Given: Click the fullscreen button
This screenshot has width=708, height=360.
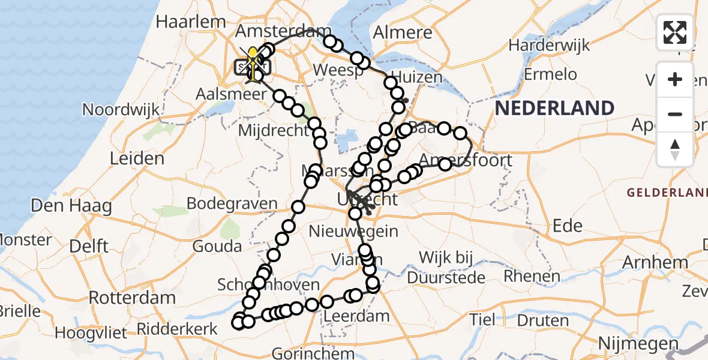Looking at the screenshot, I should pyautogui.click(x=675, y=32).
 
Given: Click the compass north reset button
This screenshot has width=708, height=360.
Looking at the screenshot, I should pyautogui.click(x=675, y=149).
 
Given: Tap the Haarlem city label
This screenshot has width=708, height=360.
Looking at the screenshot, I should pyautogui.click(x=191, y=22).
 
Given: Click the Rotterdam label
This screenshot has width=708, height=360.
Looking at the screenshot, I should pyautogui.click(x=132, y=298).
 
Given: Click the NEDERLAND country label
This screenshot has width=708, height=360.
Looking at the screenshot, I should pyautogui.click(x=555, y=109).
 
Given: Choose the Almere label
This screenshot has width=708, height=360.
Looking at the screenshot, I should pyautogui.click(x=403, y=33).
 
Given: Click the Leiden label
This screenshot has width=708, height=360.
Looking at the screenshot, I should pyautogui.click(x=137, y=159).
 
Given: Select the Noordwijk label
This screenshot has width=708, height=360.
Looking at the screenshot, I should pyautogui.click(x=122, y=110).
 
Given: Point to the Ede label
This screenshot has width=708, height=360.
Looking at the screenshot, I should pyautogui.click(x=568, y=226).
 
